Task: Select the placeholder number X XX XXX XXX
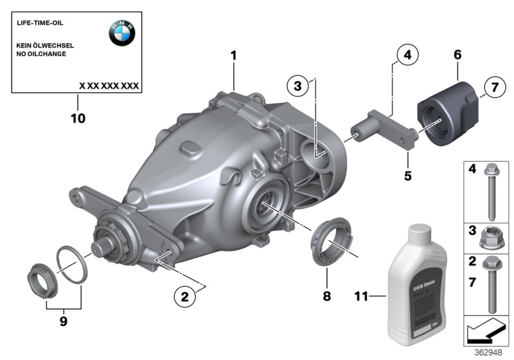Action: [x=109, y=85]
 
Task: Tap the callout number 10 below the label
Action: [x=78, y=118]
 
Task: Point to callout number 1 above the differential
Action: [x=234, y=56]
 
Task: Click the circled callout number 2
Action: [x=185, y=296]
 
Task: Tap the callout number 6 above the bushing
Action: [x=457, y=56]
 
